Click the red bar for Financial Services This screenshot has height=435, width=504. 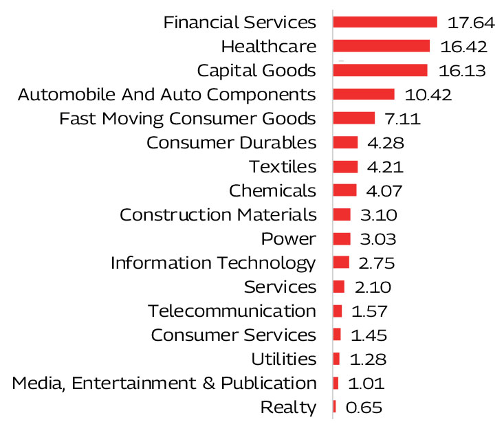coord(385,22)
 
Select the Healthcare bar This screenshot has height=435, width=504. coord(381,46)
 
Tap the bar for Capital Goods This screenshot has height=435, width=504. coord(380,70)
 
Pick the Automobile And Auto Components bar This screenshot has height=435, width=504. coord(364,94)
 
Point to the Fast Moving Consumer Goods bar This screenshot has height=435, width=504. coord(353,118)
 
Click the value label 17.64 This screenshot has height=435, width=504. coord(471,22)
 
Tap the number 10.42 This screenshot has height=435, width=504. coord(428,94)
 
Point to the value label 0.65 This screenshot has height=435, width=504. coord(364,407)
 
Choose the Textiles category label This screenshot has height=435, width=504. coord(283,166)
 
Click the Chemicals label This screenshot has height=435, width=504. coord(272,190)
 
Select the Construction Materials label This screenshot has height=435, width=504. coord(218,214)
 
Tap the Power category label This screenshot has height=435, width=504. coord(289,238)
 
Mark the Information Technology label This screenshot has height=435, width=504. coord(213,263)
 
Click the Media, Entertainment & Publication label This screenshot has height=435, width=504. coord(164,383)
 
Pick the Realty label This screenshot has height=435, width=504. coord(289,407)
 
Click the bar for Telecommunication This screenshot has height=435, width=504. coord(337,311)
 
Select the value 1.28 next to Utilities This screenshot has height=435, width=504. coord(368,359)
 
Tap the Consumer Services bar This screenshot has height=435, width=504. coord(337,335)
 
